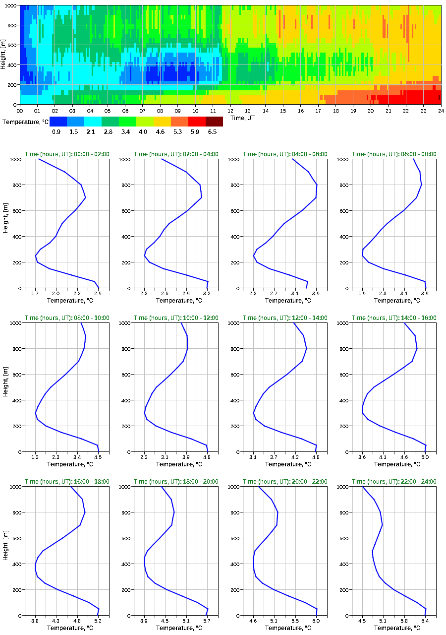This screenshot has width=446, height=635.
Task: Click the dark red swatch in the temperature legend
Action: point(214,122)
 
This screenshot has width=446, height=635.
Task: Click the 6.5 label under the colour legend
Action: point(212,131)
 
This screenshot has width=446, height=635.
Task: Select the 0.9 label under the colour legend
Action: point(56,131)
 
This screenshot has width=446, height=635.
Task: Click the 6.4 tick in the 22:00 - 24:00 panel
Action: point(425,621)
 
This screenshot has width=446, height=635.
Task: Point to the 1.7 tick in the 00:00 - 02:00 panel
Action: point(35,293)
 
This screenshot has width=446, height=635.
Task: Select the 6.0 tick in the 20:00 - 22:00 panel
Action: point(316,621)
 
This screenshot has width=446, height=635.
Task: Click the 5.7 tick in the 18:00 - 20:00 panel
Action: point(207,621)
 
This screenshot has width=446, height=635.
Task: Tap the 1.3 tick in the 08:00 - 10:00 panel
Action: point(35,457)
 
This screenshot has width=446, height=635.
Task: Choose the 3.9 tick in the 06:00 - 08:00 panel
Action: point(425,293)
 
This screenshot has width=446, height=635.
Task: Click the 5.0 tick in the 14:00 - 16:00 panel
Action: point(425,457)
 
